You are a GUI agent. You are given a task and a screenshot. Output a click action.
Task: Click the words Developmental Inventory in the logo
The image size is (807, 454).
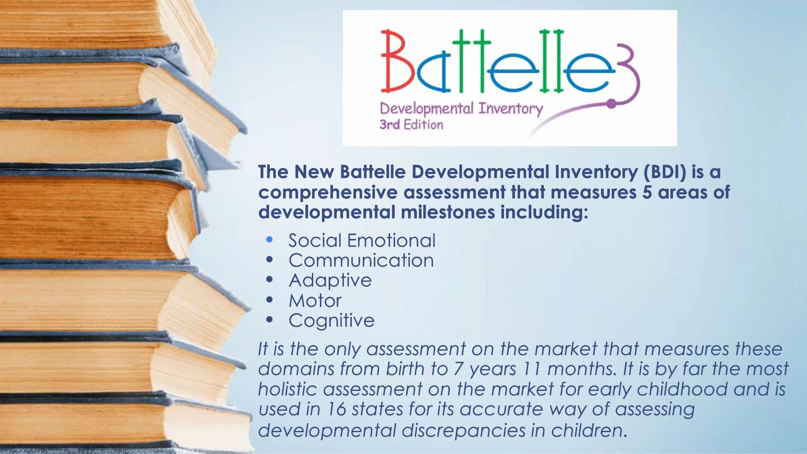tap(461, 109)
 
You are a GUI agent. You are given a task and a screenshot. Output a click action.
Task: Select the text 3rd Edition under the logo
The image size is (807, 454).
tap(411, 124)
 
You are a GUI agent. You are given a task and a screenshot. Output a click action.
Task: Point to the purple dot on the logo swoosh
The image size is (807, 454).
tap(611, 103)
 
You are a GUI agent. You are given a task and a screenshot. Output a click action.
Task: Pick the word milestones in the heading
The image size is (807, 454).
tap(448, 212)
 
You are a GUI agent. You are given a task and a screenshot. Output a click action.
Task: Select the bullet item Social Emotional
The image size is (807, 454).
tap(361, 240)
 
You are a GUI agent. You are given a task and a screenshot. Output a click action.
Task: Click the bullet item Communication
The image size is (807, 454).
tap(361, 260)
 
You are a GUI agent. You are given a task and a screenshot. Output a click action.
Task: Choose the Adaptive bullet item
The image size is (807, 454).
tap(330, 280)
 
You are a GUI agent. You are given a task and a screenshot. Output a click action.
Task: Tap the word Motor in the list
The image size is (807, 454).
tap(315, 301)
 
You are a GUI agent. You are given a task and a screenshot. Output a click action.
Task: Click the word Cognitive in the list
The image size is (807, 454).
tap(331, 321)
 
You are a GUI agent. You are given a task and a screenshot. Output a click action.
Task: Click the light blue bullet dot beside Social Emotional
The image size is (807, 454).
tap(269, 240)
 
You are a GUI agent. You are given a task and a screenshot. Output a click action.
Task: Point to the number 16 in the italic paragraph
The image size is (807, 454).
tap(336, 409)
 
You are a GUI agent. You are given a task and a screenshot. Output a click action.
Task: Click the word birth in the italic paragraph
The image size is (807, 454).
tap(405, 369)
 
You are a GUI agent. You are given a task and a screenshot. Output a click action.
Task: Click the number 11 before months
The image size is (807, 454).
tap(531, 369)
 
